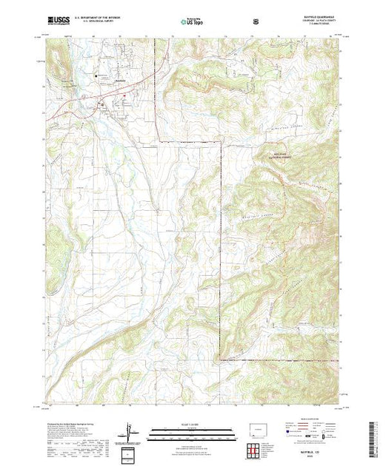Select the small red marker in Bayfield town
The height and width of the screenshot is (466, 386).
[x=124, y=95]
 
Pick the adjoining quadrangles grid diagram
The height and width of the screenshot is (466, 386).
[x=257, y=448]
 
